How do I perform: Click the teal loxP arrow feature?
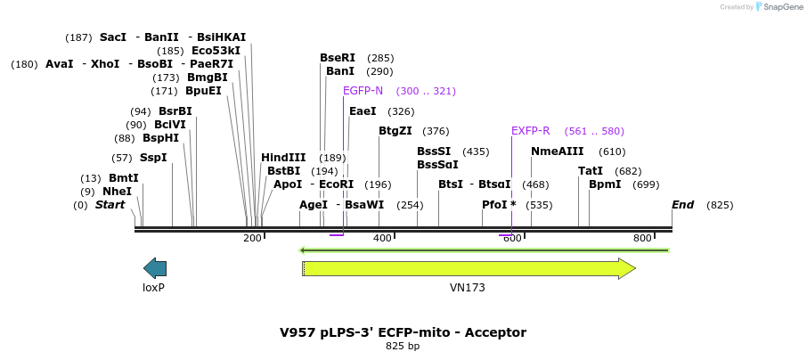coord(155,268)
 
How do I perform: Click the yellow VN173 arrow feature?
coord(469,268)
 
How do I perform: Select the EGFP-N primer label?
coord(363,91)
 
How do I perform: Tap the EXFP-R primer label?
coord(530,131)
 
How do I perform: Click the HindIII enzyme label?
coord(283,158)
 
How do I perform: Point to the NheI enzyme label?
coord(117,192)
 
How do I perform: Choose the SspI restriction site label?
coord(152,158)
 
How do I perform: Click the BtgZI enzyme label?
coord(395,131)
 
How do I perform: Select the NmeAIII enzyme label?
coord(558,151)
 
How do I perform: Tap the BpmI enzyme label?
coord(605,184)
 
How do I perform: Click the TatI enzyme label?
coord(591,171)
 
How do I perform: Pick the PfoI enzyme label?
coord(494,205)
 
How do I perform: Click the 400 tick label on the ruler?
coord(382,238)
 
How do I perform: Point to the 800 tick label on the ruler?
coord(642,238)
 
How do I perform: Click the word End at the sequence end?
coord(683,205)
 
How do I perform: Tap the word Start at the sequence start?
coord(110,205)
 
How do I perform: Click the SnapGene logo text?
coord(782,7)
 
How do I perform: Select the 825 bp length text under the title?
coord(403,346)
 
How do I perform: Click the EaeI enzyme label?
coord(363,111)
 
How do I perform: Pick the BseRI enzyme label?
coord(338,58)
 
